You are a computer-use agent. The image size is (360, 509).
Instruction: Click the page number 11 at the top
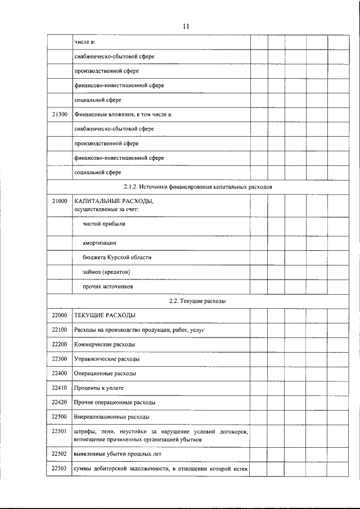(186, 26)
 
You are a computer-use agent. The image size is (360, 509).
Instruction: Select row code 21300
(59, 115)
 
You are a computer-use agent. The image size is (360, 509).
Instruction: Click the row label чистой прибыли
(105, 224)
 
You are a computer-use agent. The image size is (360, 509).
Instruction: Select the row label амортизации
(100, 243)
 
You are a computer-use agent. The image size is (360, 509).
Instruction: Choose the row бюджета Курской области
(117, 257)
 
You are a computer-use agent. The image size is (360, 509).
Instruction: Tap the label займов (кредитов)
(107, 272)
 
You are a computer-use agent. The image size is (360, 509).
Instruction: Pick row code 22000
(59, 315)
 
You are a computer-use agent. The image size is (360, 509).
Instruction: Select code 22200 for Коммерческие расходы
(59, 344)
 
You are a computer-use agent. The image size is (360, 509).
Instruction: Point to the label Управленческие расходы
(107, 359)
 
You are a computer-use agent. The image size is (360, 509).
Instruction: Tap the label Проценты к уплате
(98, 388)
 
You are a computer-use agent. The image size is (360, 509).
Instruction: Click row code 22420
(59, 403)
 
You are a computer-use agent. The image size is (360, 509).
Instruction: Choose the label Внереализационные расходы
(112, 417)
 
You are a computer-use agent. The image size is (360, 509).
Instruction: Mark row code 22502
(59, 453)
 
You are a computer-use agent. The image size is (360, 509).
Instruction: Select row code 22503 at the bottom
(59, 469)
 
